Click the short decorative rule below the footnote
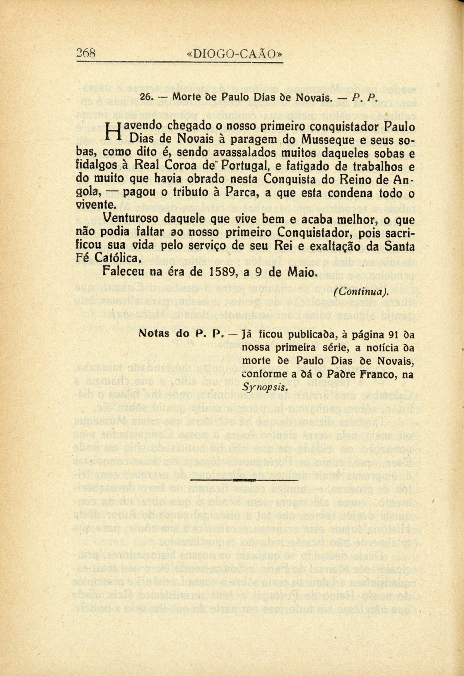244,480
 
